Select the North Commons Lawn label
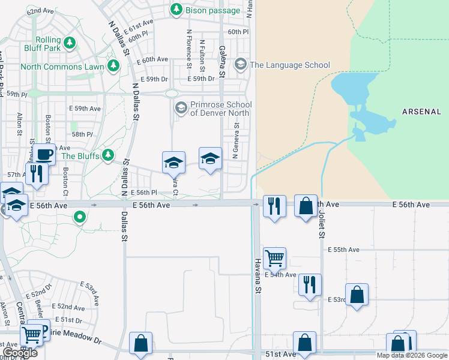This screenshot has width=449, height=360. [x=62, y=67]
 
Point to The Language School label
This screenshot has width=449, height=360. [x=289, y=65]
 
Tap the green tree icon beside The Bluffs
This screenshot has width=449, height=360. [x=108, y=156]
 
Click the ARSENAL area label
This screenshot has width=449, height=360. [x=421, y=112]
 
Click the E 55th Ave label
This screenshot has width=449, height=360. [x=343, y=250]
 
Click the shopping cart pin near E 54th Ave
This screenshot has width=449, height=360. [x=274, y=259]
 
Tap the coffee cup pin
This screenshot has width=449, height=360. [x=44, y=154]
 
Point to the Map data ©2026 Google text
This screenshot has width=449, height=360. [x=412, y=355]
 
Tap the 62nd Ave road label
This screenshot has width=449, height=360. [x=41, y=11]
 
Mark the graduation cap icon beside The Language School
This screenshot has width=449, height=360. [x=241, y=64]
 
